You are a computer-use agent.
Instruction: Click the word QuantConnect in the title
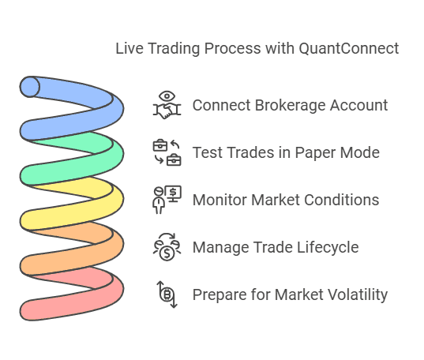pos(348,49)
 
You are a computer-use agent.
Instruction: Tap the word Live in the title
pos(129,49)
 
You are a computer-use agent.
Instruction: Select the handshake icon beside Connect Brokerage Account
pos(167,107)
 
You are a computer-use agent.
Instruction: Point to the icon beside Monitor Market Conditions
pos(167,200)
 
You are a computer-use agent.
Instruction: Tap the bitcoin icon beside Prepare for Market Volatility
pos(167,294)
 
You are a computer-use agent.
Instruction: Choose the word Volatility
pos(355,295)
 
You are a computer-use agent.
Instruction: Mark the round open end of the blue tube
pos(30,86)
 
